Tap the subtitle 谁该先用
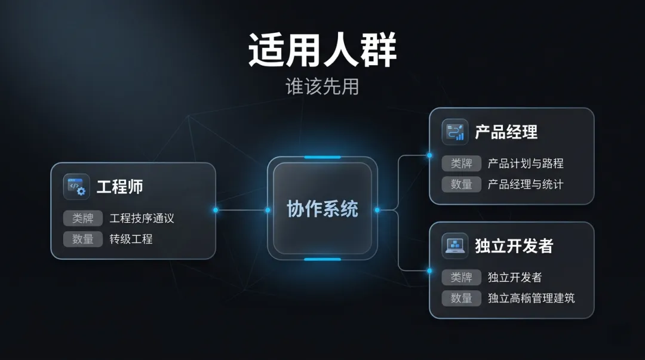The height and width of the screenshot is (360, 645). coord(322,87)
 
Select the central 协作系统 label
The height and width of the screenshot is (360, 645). coord(322,210)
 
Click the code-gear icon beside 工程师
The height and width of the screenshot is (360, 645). coord(76,187)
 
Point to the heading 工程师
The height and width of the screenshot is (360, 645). coord(120,187)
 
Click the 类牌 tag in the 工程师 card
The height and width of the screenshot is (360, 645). coord(83,219)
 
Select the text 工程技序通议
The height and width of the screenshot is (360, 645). coord(142,219)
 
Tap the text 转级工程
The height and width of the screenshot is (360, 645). coord(131,239)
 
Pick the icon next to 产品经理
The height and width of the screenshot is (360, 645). coord(455,132)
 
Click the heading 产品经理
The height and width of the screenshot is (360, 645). coord(506,132)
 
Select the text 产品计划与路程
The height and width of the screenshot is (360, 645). coord(526,164)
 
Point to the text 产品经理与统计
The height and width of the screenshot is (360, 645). coord(526,184)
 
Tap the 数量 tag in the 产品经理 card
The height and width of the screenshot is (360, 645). coord(462,184)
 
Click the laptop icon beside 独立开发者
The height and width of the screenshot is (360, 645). coord(455,245)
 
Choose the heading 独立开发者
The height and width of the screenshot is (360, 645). coord(514,245)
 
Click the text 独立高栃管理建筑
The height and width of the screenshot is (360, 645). coord(532,298)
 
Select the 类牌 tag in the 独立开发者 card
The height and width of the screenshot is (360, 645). coord(462,277)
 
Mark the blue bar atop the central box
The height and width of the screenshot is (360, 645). coord(322,158)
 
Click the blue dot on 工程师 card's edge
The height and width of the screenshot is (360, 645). coord(216,210)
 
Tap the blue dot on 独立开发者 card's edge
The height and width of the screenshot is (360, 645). coord(429,270)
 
